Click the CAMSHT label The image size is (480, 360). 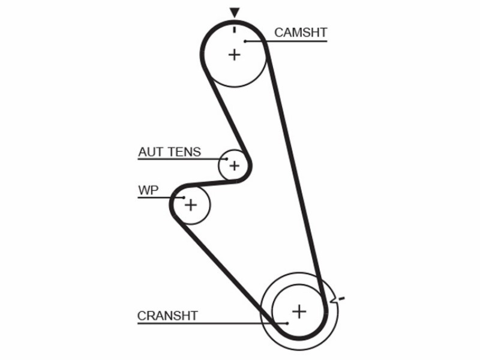(301, 32)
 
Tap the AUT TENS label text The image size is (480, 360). (170, 152)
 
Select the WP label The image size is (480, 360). (148, 190)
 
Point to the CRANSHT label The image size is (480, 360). (167, 316)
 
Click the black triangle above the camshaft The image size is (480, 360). (235, 13)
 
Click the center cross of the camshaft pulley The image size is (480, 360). (235, 55)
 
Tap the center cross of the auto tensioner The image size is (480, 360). (235, 166)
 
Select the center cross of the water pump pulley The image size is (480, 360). (191, 205)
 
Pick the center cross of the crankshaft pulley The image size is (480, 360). (299, 311)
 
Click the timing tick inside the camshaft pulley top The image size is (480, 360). (235, 29)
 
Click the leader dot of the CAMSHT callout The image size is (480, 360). (245, 41)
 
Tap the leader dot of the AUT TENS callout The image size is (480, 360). (227, 159)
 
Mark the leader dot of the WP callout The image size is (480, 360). (184, 198)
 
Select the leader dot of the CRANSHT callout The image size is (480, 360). (287, 323)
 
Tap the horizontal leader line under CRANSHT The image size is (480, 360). (212, 323)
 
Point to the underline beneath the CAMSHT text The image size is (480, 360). (286, 41)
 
